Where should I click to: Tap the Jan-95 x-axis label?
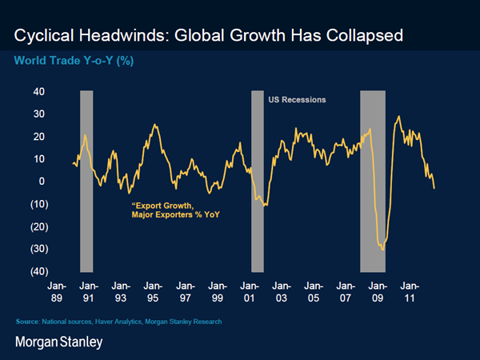tap(153, 290)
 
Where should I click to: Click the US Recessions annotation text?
tap(295, 100)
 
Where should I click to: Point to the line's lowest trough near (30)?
tap(382, 250)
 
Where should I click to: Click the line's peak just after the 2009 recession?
tap(398, 117)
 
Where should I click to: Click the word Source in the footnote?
tap(26, 322)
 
